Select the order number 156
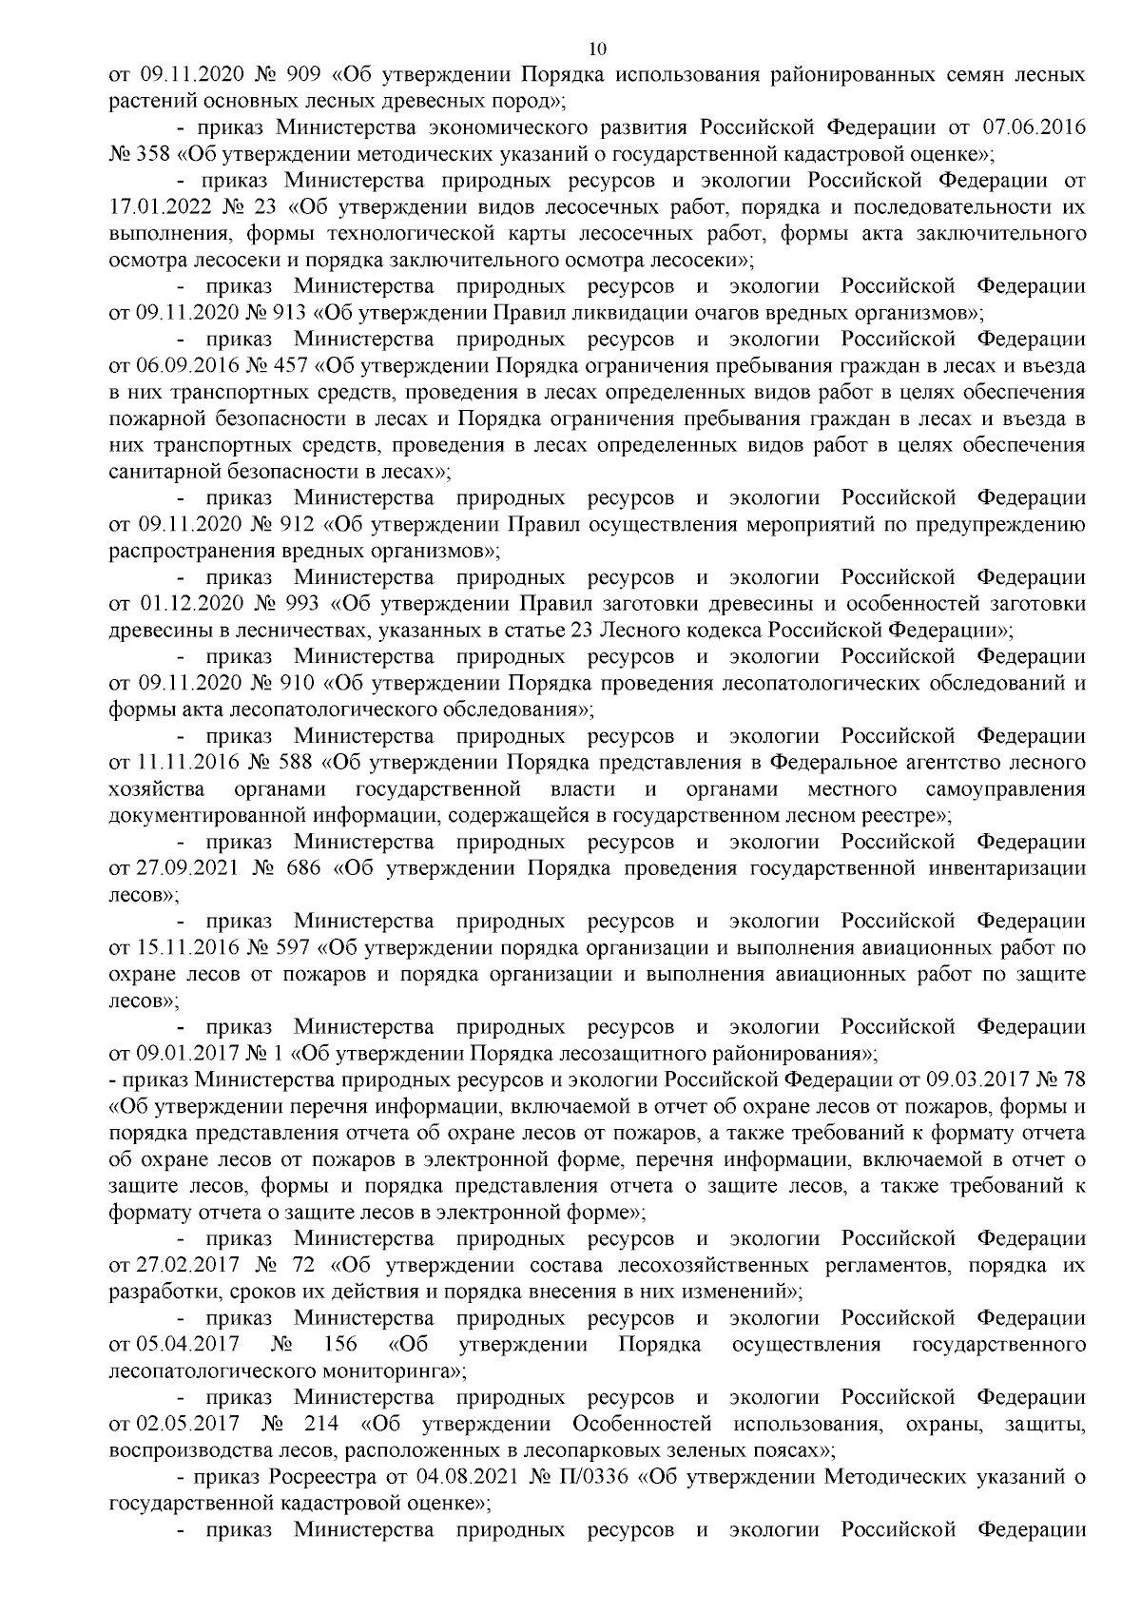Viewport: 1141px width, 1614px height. pos(341,1345)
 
